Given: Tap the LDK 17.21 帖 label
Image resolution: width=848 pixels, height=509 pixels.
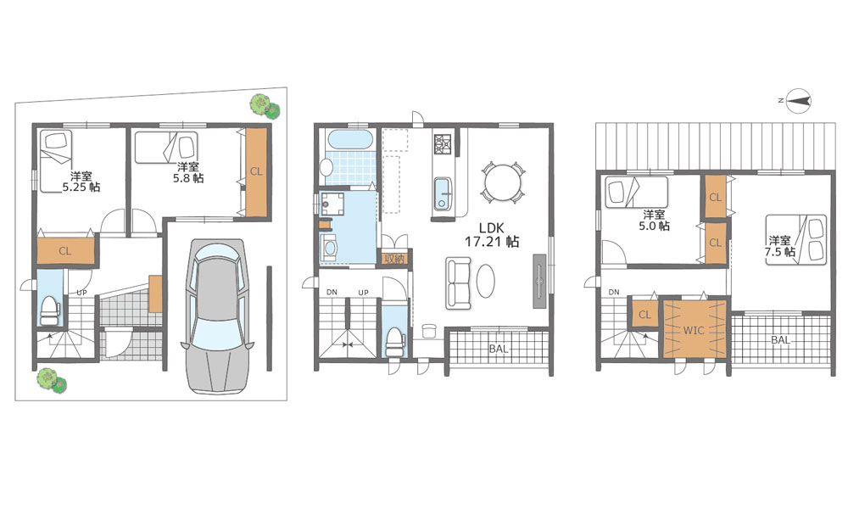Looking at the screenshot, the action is [492, 235].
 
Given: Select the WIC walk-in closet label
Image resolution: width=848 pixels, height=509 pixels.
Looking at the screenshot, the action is [694, 329].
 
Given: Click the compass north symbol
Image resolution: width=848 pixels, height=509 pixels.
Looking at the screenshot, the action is [798, 101].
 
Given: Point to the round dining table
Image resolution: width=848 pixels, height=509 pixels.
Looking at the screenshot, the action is [503, 182].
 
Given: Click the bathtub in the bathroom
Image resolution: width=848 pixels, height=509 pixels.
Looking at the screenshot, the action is [349, 140].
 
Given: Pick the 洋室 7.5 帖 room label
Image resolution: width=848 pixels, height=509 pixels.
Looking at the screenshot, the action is [779, 245].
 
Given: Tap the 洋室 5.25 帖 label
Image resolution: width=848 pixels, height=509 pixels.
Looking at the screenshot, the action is [81, 182].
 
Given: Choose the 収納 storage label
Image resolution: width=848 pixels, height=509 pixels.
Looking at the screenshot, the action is [393, 259].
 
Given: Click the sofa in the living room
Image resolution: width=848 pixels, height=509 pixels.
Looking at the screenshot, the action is [458, 282].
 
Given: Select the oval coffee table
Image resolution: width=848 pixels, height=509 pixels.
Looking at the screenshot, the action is [485, 280].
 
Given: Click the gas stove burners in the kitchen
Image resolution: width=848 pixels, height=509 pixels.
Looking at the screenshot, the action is [443, 143].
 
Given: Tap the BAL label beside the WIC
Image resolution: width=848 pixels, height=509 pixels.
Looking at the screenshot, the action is [780, 340].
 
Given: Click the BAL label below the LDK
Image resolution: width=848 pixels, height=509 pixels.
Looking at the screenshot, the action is [499, 349].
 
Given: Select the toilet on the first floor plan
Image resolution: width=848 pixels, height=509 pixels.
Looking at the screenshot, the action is [49, 310].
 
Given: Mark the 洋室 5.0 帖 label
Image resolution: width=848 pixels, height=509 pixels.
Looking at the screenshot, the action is [655, 220].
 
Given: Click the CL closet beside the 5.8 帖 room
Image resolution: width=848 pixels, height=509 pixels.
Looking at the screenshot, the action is [256, 172].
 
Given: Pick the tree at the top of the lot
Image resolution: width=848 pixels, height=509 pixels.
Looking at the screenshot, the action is [265, 106].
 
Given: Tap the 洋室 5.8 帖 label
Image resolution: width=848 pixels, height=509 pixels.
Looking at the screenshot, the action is [188, 172].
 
